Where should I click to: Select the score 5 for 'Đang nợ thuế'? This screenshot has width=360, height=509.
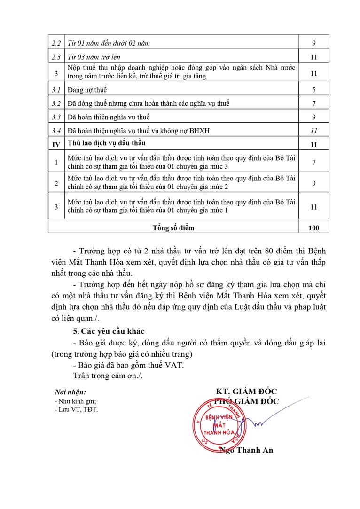[313, 89]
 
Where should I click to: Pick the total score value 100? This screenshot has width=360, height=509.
[313, 228]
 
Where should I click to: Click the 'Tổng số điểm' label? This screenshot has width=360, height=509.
[173, 228]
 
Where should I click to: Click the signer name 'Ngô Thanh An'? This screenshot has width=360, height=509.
[246, 450]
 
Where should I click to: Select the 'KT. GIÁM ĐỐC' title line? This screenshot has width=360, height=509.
[246, 392]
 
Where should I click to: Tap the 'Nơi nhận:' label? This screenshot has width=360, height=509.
[70, 392]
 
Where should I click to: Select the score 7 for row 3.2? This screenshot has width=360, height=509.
[313, 103]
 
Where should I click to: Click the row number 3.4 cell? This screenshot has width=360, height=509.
[56, 131]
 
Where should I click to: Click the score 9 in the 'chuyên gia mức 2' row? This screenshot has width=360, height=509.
[313, 183]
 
